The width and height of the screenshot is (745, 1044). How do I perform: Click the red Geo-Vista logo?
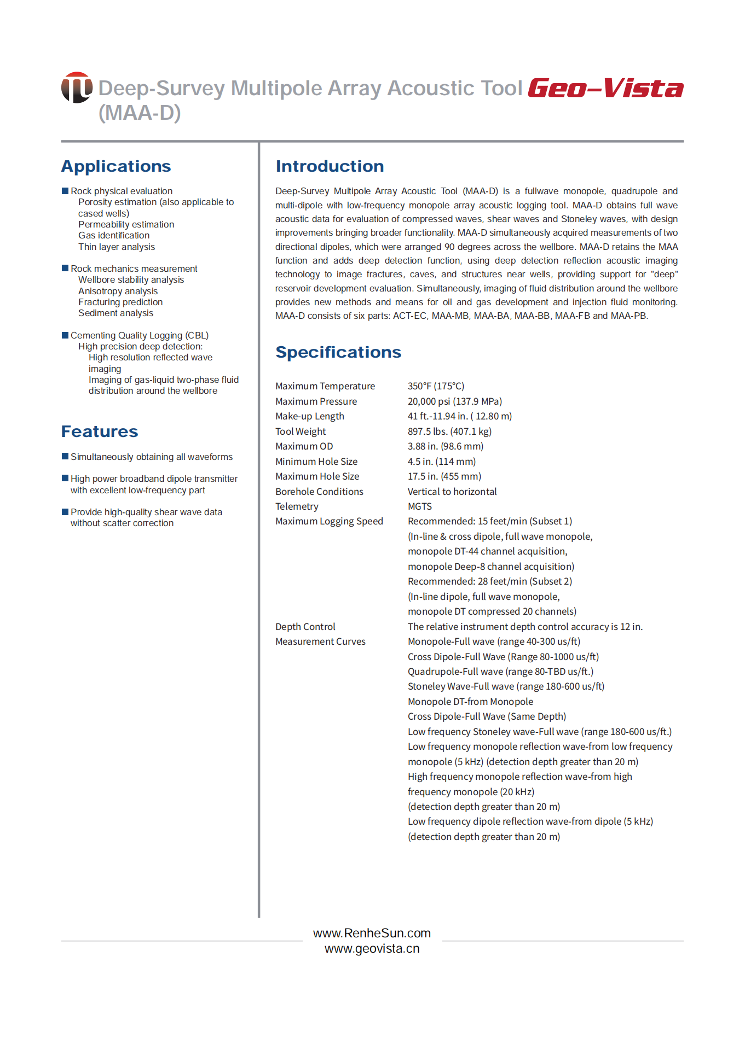[605, 88]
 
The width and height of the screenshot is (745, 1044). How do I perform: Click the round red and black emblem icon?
[77, 88]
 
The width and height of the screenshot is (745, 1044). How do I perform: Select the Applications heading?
[116, 166]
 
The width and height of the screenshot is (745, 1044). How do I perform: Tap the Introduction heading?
[330, 166]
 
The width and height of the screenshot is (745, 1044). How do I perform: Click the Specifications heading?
[338, 352]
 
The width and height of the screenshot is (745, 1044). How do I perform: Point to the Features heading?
[100, 431]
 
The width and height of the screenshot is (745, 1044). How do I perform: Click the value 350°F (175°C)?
[436, 386]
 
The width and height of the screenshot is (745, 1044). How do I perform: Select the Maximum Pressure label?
[316, 401]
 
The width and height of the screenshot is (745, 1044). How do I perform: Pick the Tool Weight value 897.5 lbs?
[449, 431]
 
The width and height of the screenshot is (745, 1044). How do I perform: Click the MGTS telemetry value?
[420, 506]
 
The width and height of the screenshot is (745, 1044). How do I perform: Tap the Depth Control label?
[305, 627]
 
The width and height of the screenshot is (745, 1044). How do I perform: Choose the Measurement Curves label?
[320, 641]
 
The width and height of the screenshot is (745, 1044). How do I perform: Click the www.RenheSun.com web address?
[372, 933]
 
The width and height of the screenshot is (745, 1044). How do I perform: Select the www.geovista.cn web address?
[372, 948]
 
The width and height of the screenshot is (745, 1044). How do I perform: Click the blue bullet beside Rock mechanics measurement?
[65, 268]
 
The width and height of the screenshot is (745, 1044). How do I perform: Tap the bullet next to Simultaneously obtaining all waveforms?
[65, 456]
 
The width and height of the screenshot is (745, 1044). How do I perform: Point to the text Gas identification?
[114, 236]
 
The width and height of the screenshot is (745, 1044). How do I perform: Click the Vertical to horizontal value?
[452, 492]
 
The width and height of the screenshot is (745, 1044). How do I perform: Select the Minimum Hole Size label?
[316, 462]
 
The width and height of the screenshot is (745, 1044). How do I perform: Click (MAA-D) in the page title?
[140, 113]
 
